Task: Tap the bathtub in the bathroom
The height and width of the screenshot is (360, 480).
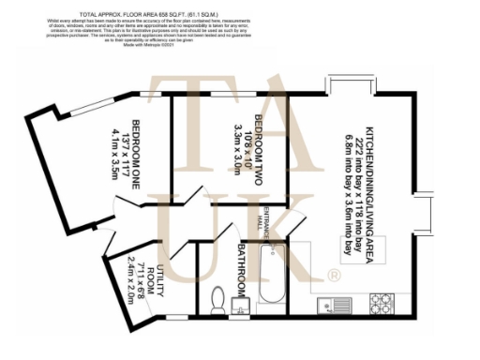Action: tap(271, 277)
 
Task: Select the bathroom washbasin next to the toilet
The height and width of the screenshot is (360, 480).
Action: tap(238, 306)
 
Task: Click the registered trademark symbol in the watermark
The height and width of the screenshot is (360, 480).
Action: tap(332, 274)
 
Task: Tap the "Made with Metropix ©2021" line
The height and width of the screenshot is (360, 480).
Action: tap(240, 57)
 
